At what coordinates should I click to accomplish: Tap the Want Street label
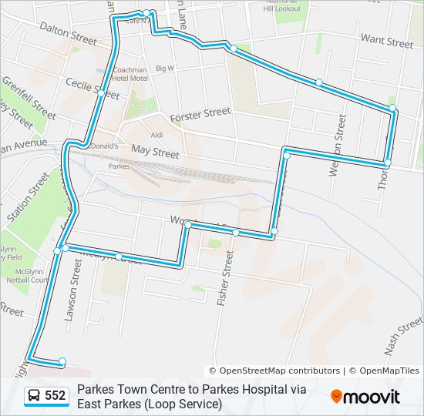(x=387, y=40)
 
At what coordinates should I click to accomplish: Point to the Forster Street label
(x=200, y=114)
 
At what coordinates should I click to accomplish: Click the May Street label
(x=155, y=153)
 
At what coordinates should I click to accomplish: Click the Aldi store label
(x=156, y=135)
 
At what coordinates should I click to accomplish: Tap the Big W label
(x=165, y=69)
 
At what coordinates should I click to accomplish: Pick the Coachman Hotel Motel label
(x=130, y=74)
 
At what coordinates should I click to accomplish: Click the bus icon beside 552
(x=34, y=396)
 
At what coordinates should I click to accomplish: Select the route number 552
(x=56, y=396)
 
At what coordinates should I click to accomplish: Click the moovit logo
(x=365, y=396)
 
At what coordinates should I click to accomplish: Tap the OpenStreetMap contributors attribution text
(x=274, y=371)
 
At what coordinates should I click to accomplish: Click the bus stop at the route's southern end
(x=62, y=361)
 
